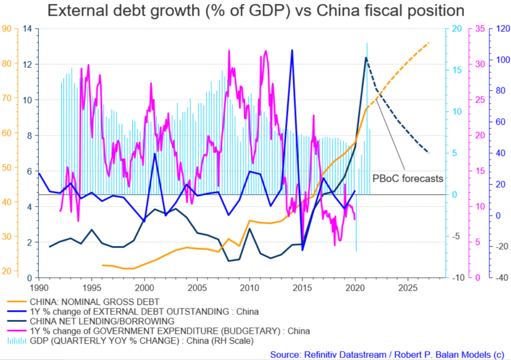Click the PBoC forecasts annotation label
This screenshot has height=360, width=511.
[408, 178]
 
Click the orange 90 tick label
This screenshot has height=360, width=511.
[7, 29]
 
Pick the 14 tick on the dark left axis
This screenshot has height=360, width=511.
[28, 29]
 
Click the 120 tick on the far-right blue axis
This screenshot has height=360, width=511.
[502, 29]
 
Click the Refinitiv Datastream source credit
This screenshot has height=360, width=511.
[386, 355]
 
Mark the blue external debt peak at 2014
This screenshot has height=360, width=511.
[292, 50]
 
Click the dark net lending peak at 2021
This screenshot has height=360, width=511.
[366, 57]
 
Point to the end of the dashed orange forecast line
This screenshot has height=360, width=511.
[429, 43]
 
